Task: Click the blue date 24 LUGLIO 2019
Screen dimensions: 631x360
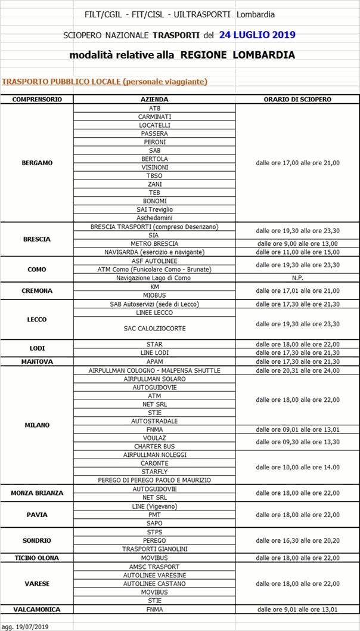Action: (x=257, y=35)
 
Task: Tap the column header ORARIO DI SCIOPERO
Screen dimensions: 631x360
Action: (x=297, y=99)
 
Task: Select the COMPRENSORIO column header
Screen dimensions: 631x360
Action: (x=37, y=99)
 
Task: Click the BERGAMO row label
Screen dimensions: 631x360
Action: (x=37, y=162)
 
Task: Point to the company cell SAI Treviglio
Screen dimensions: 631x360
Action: (x=154, y=209)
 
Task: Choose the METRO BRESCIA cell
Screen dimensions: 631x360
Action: (x=154, y=243)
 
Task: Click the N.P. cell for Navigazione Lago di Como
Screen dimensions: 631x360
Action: (x=297, y=278)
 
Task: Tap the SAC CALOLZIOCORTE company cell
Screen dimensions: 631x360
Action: (x=154, y=328)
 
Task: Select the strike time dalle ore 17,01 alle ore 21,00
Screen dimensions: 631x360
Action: (x=297, y=290)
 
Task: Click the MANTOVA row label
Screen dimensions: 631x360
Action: (x=37, y=361)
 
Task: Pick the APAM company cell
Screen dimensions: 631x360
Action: (x=154, y=361)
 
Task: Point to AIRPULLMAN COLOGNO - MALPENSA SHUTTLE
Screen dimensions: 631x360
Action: (x=154, y=370)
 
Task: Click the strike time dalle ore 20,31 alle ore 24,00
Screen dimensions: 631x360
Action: (x=297, y=370)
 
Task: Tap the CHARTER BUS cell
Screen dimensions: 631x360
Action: (x=154, y=446)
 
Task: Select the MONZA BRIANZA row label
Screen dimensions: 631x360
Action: (x=37, y=493)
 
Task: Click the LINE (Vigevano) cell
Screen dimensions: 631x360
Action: (x=154, y=506)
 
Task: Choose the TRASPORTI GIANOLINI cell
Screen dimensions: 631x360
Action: (x=154, y=549)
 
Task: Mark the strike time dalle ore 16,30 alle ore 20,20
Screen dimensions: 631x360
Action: (x=297, y=540)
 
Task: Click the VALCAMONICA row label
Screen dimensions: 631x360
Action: (x=37, y=610)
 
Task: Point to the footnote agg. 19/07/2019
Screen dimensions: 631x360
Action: (x=25, y=626)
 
